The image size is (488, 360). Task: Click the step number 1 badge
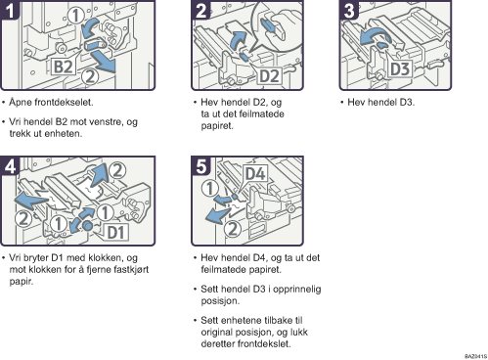click(x=10, y=10)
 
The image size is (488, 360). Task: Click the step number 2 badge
click(x=200, y=10)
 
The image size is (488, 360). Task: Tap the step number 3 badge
click(x=349, y=10)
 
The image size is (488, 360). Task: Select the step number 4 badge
click(x=10, y=166)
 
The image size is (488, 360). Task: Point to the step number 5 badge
click(x=200, y=166)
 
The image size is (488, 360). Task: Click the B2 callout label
click(x=64, y=67)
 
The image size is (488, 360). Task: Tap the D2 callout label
click(x=269, y=76)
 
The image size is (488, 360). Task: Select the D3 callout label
click(x=400, y=68)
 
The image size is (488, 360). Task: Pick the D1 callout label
click(x=116, y=232)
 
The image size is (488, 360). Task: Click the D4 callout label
click(x=255, y=174)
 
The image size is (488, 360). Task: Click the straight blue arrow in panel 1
click(x=104, y=63)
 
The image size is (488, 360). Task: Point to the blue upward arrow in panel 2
click(x=239, y=40)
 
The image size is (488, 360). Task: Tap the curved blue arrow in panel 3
click(x=377, y=36)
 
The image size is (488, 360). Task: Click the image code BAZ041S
click(x=475, y=356)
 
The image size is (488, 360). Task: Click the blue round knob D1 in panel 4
click(x=87, y=225)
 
